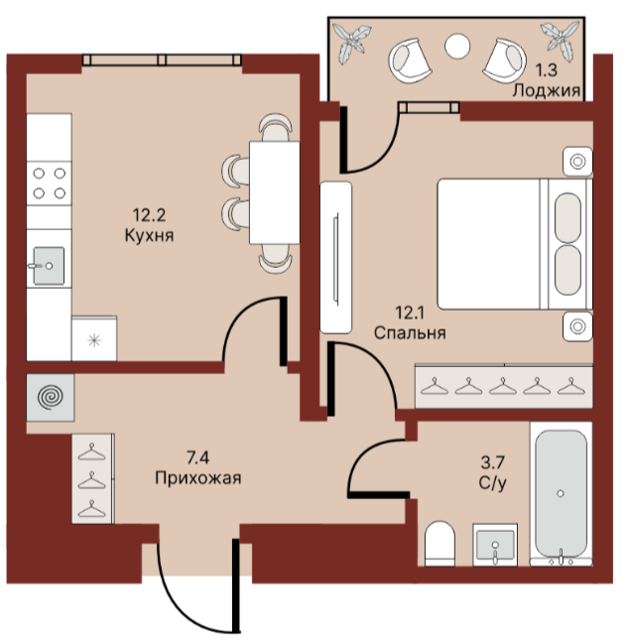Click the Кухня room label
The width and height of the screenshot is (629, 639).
click(149, 235)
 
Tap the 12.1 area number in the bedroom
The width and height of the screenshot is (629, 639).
click(410, 313)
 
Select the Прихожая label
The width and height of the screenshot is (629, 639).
click(198, 477)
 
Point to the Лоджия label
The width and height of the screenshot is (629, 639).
click(546, 90)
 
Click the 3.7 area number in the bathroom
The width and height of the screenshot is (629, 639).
click(492, 462)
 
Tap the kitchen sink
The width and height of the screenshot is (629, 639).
click(49, 265)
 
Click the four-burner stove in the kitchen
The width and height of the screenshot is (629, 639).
click(50, 183)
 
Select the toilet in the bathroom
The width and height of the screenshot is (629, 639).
click(440, 543)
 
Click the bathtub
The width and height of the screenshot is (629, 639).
click(561, 493)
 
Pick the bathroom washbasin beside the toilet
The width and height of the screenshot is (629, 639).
click(495, 545)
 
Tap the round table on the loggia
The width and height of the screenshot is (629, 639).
click(457, 46)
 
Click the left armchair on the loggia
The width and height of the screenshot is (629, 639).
click(410, 61)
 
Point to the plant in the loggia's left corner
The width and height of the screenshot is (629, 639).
click(351, 41)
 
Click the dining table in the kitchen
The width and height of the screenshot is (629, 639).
click(275, 192)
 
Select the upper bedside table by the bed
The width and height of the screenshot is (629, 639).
click(577, 162)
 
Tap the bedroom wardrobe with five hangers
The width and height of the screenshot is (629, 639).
click(504, 386)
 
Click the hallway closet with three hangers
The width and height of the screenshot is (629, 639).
click(93, 478)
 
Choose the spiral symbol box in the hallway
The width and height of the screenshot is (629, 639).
click(51, 397)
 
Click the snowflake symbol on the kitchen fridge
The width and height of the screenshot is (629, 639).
click(94, 340)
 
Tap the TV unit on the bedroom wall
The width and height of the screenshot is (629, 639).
click(335, 258)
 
